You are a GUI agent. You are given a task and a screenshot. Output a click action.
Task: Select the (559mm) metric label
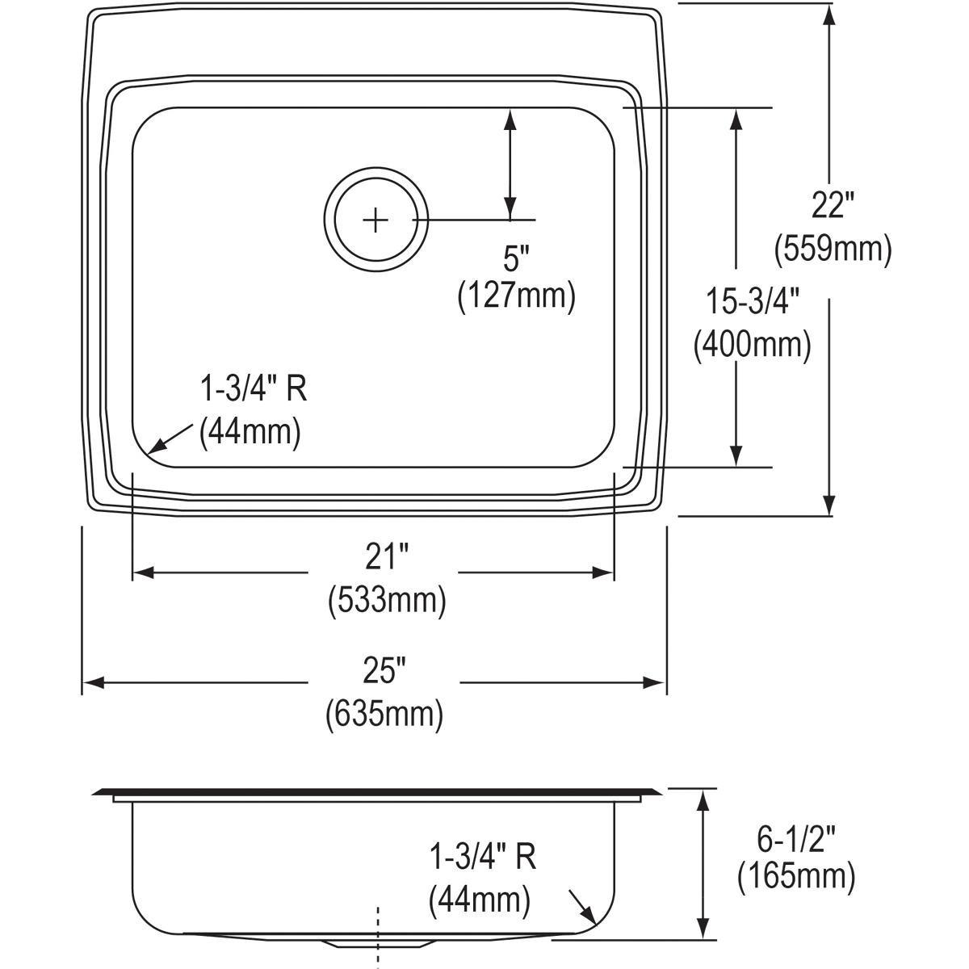click(833, 249)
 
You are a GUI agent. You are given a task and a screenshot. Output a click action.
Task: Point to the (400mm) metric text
click(752, 345)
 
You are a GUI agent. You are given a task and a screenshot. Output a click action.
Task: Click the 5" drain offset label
click(516, 259)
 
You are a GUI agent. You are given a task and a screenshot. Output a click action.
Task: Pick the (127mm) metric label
click(516, 297)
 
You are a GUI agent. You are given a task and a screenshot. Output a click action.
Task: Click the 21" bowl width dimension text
click(386, 557)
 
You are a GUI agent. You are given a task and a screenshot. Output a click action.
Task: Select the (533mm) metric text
click(386, 601)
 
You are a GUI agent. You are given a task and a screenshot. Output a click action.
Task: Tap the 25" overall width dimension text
click(384, 669)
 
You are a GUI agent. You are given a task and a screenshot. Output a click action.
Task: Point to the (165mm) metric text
click(795, 875)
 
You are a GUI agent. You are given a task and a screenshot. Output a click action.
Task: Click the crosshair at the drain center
click(375, 220)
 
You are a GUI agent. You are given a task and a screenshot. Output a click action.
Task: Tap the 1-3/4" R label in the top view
click(253, 391)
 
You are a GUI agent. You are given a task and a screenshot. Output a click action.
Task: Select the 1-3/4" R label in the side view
click(483, 857)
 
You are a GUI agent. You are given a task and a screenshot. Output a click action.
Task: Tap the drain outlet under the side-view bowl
click(376, 942)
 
